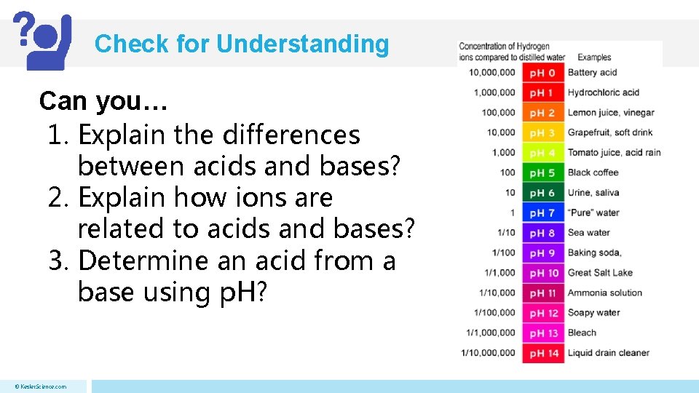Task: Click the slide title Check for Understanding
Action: coord(242,44)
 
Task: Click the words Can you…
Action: coord(103,101)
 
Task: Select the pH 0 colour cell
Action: coord(542,73)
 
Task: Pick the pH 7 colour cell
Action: coord(542,213)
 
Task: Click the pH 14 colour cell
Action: coord(542,353)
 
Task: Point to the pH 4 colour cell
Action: coord(542,153)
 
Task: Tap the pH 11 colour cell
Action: coord(542,293)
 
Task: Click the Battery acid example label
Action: coord(592,73)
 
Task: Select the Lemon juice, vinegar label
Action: coord(610,113)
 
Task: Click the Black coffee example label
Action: coord(593,172)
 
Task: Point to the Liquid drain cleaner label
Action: coord(608,353)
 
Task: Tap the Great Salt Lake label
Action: coord(600,273)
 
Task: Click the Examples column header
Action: coord(594,57)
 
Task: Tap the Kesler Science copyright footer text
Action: coord(41,386)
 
